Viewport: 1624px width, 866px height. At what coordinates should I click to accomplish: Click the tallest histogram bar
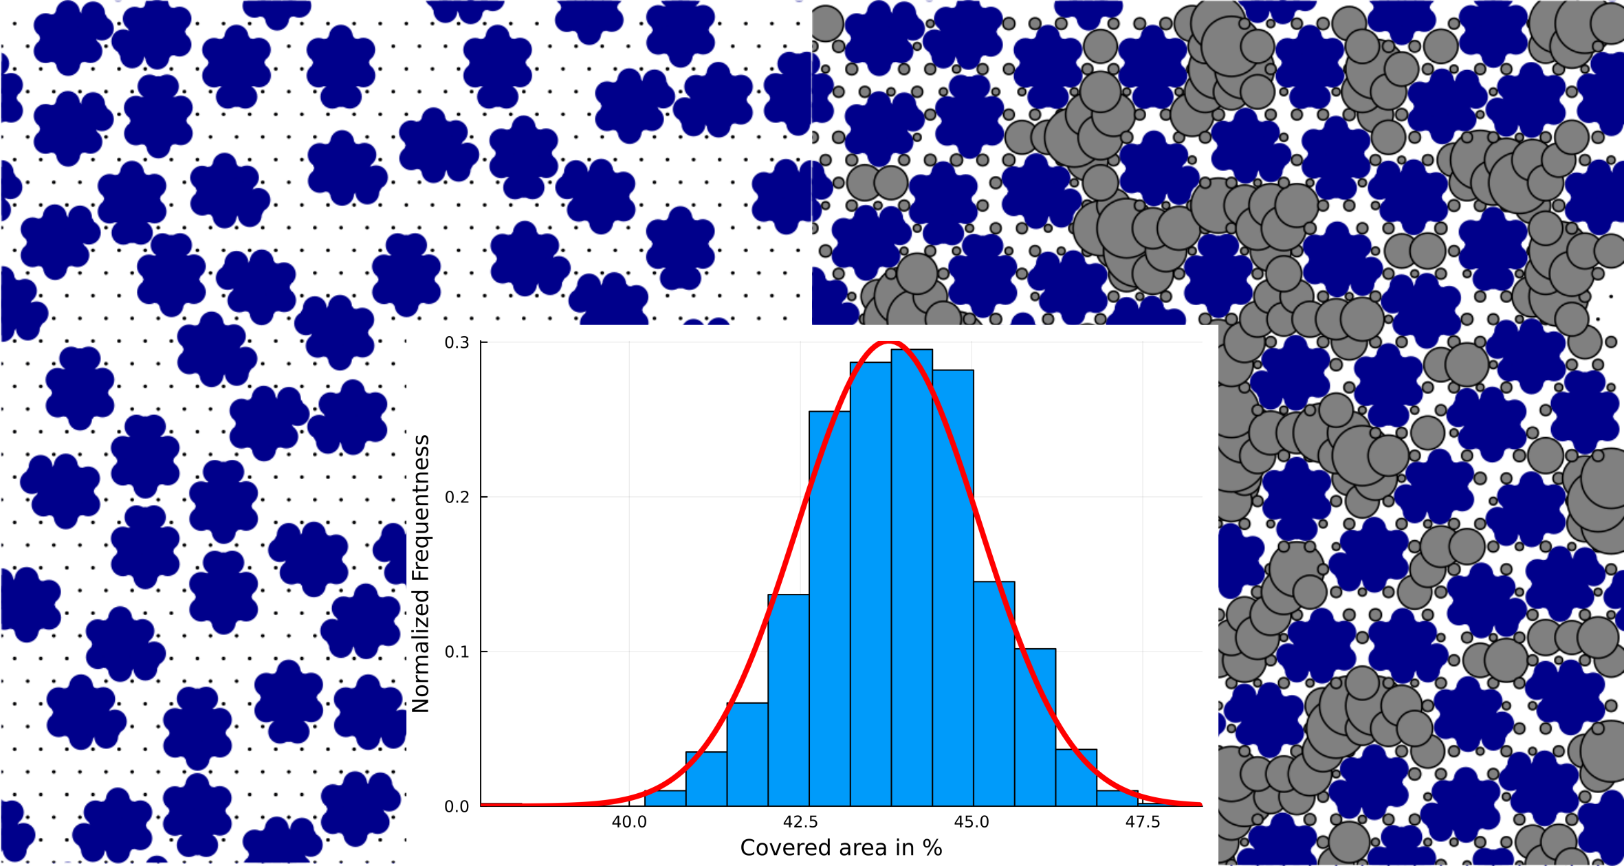click(x=912, y=577)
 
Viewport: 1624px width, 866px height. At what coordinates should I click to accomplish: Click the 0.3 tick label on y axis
click(x=457, y=342)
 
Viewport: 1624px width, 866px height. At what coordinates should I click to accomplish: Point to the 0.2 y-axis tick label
click(x=457, y=497)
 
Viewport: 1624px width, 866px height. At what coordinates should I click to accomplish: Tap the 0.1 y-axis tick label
click(x=457, y=652)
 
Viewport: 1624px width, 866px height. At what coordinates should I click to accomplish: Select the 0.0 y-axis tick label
click(x=457, y=806)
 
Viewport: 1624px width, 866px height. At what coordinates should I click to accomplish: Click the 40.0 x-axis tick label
click(x=629, y=822)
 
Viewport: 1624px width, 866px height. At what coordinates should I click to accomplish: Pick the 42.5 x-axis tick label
click(x=800, y=822)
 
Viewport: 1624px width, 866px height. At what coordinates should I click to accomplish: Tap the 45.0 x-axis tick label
click(x=972, y=822)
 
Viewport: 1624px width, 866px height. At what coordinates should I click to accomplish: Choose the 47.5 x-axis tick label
click(x=1143, y=822)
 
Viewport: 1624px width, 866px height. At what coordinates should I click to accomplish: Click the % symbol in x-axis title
click(x=933, y=848)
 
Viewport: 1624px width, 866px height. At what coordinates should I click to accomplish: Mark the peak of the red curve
click(x=890, y=342)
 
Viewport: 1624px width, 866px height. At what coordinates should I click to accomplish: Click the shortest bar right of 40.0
click(x=665, y=799)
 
